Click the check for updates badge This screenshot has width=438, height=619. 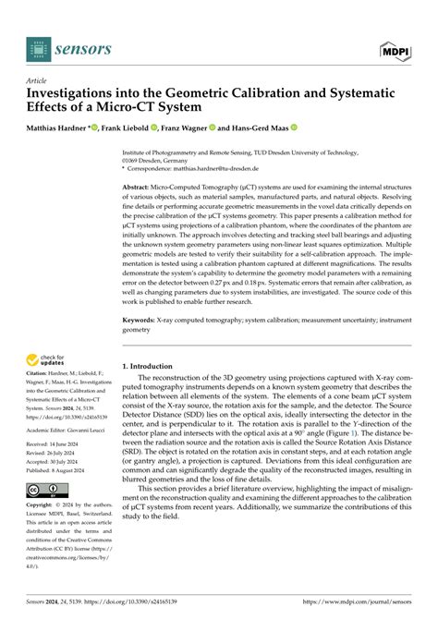46,359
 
